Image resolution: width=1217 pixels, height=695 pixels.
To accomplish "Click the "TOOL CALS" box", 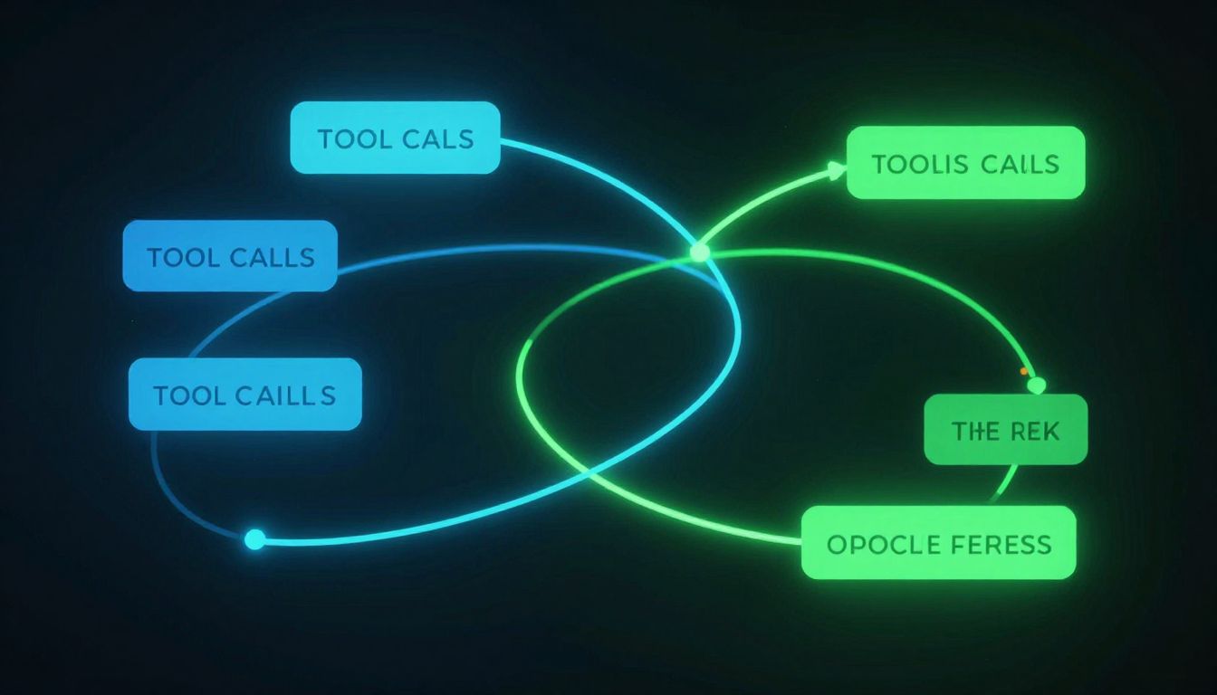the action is point(395,138).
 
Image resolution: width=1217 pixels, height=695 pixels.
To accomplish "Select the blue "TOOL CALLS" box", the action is point(230,256).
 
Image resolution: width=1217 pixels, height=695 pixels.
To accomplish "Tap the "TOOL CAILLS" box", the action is point(245,395).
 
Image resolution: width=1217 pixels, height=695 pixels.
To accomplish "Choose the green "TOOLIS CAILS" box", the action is point(966,163).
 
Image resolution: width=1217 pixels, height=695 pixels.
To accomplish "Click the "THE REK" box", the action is point(1006,430).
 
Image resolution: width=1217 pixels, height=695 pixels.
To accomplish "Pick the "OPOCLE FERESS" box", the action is point(939,542).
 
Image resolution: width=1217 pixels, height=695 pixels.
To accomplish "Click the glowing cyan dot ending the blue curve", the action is point(254,539).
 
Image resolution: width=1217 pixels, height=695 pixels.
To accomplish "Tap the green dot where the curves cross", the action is point(700,252).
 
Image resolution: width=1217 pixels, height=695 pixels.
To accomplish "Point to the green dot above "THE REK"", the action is point(1037,385).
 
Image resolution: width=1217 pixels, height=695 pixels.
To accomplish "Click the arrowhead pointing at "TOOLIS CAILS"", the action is point(836,170).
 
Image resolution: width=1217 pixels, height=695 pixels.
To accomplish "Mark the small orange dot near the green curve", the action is point(1023,371).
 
